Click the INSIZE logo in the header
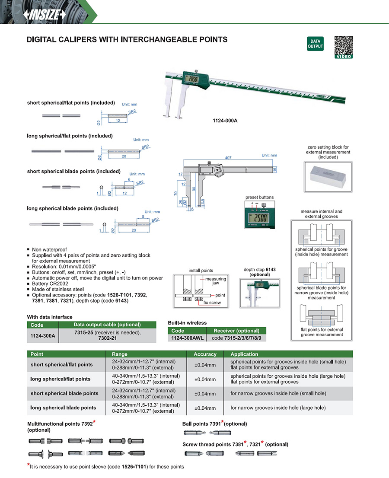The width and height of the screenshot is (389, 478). pos(45,15)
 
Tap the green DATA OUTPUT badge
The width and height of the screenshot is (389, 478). pos(315,44)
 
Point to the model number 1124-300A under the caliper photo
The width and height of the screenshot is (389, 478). pos(225,121)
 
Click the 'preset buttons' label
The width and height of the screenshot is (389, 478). pos(259,197)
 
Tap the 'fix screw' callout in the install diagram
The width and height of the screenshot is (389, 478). pos(212,303)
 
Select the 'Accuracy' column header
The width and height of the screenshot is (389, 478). pos(205,354)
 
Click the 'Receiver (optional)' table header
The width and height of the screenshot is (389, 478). pos(236,331)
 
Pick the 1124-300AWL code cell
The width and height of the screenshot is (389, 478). pos(187,338)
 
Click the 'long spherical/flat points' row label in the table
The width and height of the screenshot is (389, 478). pos(61,379)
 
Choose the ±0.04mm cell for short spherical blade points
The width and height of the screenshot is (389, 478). pos(205,394)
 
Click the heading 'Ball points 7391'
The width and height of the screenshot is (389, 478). pos(201,424)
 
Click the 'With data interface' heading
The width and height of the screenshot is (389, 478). pos(50,317)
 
